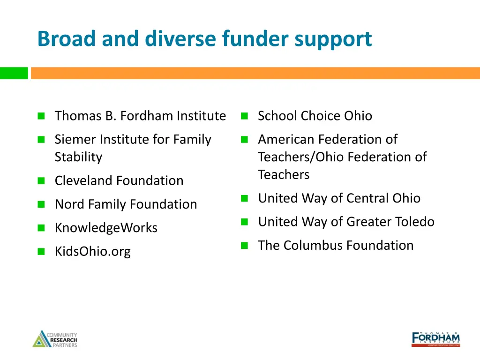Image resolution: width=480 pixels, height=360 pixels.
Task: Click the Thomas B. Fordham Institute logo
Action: [435, 339]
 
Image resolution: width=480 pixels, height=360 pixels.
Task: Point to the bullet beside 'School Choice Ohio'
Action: [244, 116]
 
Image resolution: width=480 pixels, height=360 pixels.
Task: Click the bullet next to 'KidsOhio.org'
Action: [41, 251]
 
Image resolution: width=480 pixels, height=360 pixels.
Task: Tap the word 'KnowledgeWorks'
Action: [106, 228]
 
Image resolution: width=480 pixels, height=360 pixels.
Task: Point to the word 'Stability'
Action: [78, 157]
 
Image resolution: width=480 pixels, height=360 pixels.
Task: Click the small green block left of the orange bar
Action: [14, 73]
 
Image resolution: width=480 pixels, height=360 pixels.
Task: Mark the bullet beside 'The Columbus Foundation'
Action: [244, 245]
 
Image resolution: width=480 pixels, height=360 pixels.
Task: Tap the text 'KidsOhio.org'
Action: [92, 251]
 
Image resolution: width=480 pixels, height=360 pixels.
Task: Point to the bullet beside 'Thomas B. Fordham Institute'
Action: [41, 116]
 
